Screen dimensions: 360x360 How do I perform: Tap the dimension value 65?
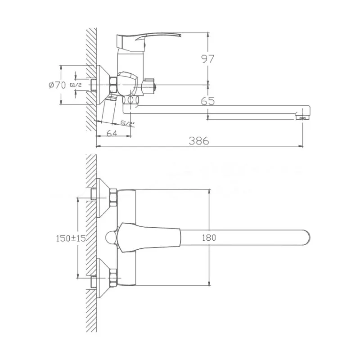[207, 102]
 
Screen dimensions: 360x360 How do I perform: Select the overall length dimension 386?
[198, 140]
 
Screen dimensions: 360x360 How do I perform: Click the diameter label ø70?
[56, 85]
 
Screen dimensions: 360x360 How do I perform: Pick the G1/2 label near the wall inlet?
[76, 85]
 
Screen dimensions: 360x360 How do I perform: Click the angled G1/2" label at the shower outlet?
[127, 123]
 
